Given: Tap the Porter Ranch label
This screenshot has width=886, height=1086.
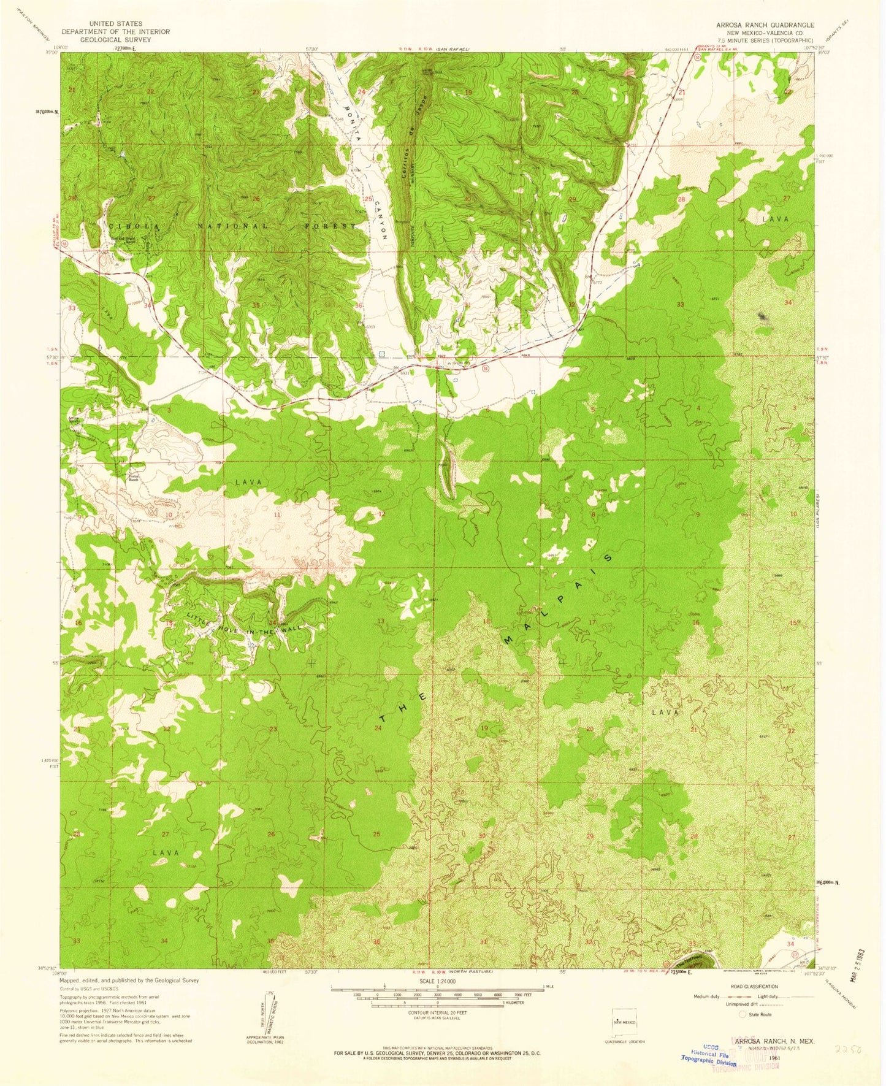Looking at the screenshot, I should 134,478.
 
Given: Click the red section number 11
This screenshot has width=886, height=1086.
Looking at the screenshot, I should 277,514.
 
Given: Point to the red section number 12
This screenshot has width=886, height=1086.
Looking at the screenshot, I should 381,514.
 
